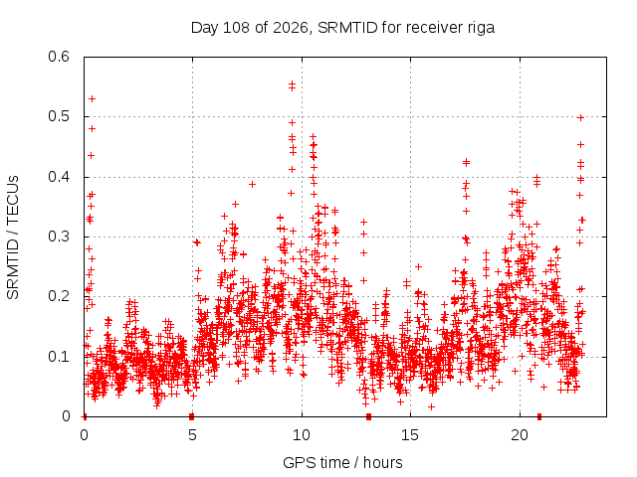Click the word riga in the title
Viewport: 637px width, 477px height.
(x=481, y=28)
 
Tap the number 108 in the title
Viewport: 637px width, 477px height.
(x=237, y=28)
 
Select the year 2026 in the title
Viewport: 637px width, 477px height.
(x=290, y=28)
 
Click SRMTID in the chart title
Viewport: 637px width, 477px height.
(x=347, y=28)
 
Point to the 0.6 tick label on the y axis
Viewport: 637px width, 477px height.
(x=59, y=57)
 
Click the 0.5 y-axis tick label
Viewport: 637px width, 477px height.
(x=59, y=116)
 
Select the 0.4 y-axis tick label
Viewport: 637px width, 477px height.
(x=59, y=177)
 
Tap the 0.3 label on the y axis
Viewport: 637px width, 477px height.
(x=59, y=237)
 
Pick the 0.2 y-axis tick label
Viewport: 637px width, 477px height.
(x=59, y=296)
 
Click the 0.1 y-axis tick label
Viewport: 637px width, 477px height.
(x=59, y=357)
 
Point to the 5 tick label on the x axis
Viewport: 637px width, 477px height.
(x=192, y=435)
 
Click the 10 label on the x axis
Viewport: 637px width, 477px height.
(x=302, y=435)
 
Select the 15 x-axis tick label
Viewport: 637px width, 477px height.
(x=410, y=435)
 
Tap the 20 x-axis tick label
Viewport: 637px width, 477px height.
(x=520, y=435)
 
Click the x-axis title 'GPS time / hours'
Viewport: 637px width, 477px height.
(x=342, y=463)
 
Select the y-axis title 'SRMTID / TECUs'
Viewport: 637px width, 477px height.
(x=13, y=238)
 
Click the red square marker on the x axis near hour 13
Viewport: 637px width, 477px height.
(x=368, y=416)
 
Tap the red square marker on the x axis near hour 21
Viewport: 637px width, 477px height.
(x=539, y=416)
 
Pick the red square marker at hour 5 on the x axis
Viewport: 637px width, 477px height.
(x=192, y=416)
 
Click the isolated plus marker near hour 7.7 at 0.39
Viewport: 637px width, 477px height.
(x=252, y=184)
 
